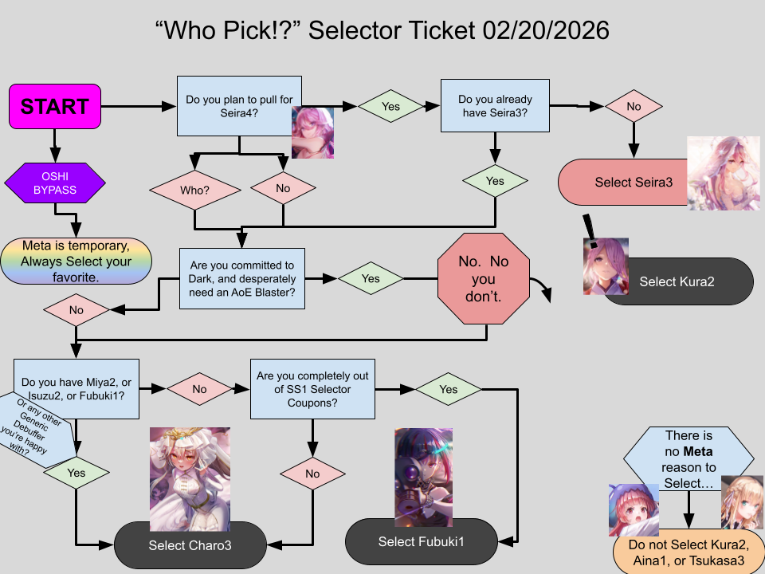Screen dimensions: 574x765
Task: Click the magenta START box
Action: point(55,106)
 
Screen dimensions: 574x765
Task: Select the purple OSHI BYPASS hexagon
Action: point(54,183)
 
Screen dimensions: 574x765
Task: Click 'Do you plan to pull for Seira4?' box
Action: point(238,105)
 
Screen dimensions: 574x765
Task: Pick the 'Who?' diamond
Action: point(195,191)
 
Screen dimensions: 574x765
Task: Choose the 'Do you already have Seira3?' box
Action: point(495,105)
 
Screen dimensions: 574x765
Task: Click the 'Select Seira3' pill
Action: point(622,182)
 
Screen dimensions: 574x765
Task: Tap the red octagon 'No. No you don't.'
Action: point(483,279)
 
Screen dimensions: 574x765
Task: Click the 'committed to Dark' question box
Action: point(241,279)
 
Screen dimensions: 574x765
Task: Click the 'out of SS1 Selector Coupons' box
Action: point(312,388)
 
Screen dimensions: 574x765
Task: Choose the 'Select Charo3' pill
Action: point(190,545)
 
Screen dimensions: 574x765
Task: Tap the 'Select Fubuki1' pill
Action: point(421,542)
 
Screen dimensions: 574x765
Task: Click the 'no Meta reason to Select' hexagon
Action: point(688,461)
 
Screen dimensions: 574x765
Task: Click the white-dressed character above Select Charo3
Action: point(190,478)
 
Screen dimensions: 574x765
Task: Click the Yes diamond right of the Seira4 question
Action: point(390,106)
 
